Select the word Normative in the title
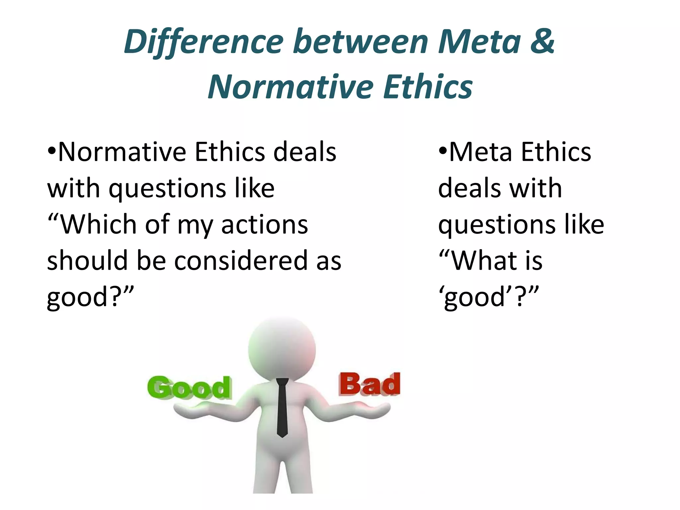tap(291, 87)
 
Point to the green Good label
tap(189, 387)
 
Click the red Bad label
tap(369, 384)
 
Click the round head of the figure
tap(282, 349)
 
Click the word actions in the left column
tap(264, 224)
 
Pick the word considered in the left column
tap(241, 261)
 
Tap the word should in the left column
tap(87, 261)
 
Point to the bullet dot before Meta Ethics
tap(443, 151)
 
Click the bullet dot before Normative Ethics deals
tap(51, 151)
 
